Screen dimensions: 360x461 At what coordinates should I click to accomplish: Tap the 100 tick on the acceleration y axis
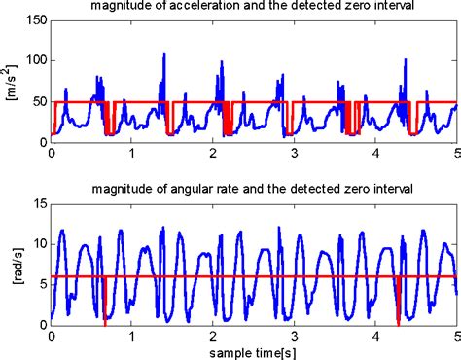click(34, 59)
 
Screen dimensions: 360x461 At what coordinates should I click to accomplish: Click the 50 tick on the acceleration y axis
click(37, 101)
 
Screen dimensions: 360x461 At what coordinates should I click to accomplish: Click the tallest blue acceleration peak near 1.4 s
click(163, 56)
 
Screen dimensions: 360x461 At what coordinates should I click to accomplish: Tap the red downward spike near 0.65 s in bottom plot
click(104, 309)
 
